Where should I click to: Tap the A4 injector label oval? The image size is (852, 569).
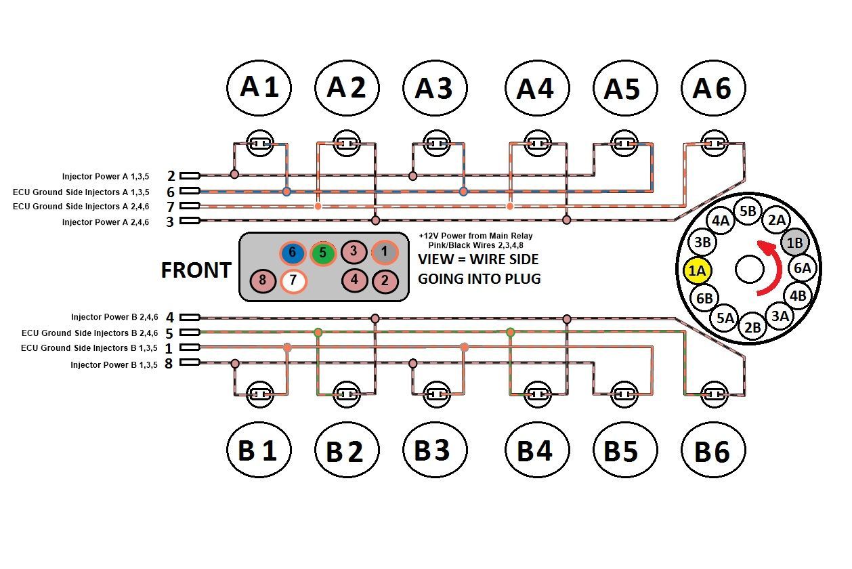[536, 88]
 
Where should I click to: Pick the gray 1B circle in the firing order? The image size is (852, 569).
[795, 241]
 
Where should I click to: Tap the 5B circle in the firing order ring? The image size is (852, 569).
[748, 211]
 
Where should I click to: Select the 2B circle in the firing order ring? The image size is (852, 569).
[752, 326]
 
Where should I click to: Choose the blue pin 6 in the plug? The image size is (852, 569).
[293, 253]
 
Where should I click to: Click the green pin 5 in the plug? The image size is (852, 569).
[323, 253]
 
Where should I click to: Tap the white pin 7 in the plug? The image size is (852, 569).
[293, 280]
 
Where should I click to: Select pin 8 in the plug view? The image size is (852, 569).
[262, 280]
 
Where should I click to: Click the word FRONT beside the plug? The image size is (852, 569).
[195, 270]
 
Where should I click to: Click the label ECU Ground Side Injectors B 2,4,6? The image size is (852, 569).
[89, 333]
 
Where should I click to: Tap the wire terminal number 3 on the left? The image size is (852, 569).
[170, 222]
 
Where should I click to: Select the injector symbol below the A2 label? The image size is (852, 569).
[347, 144]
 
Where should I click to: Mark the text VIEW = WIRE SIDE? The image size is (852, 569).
[478, 259]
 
